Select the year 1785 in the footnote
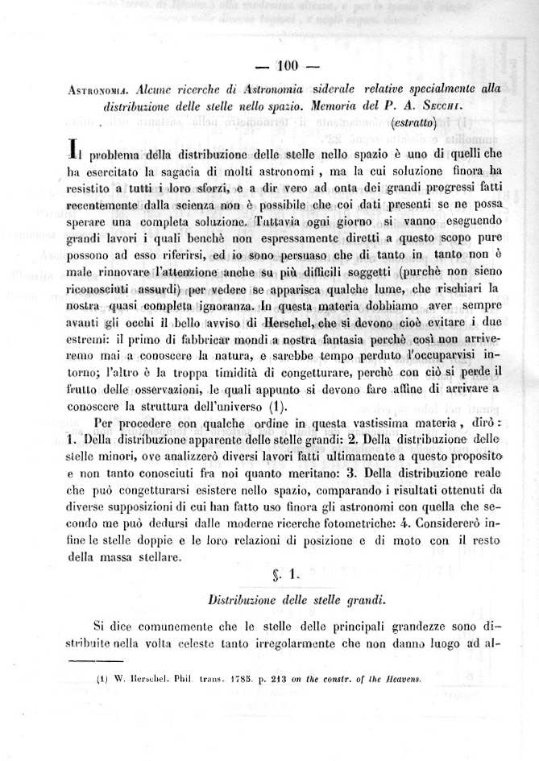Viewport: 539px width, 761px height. pos(240,677)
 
